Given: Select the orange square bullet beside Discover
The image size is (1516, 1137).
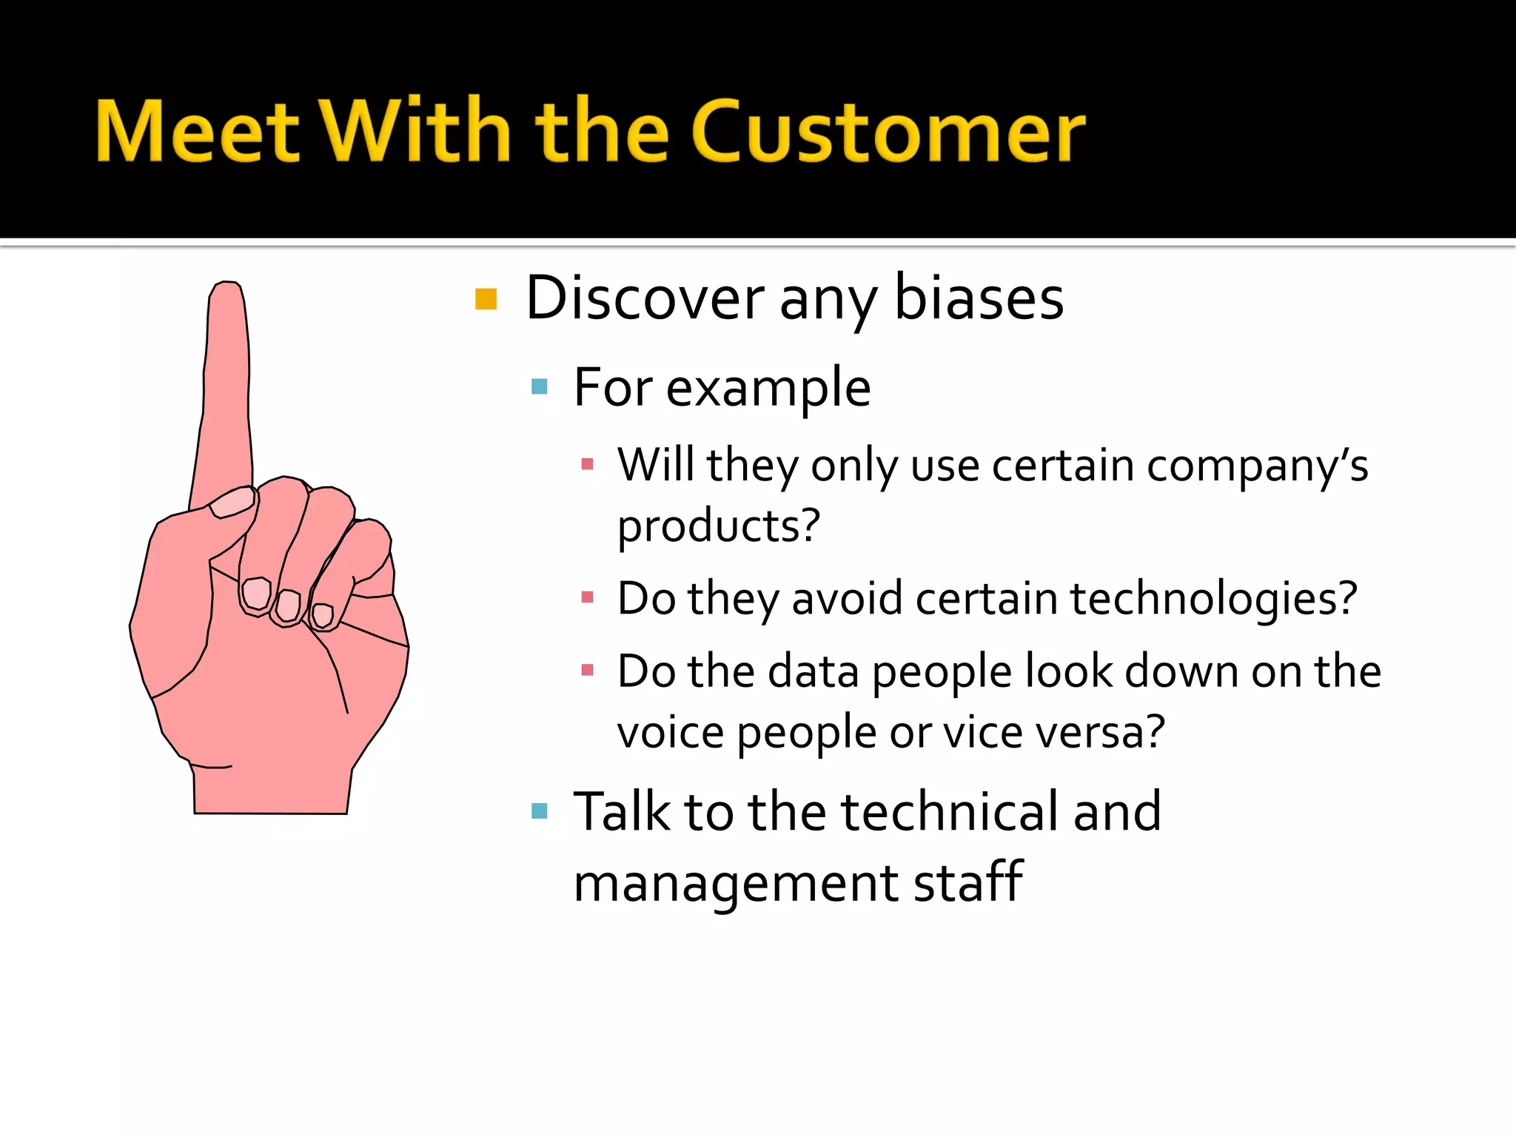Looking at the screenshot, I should [x=486, y=299].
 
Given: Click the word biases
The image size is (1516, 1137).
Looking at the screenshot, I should [x=979, y=298].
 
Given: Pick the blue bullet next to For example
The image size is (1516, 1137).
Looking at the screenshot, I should [x=539, y=386].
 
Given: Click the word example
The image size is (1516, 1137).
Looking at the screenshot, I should [x=768, y=388].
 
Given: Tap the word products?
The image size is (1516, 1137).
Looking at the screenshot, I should [x=718, y=526].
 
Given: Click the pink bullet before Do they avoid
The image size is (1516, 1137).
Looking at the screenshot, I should [x=588, y=597].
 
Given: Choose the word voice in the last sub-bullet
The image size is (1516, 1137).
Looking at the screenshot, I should [x=670, y=733].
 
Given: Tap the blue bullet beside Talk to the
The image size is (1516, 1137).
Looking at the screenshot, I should [x=539, y=811].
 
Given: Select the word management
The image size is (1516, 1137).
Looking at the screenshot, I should [x=736, y=884].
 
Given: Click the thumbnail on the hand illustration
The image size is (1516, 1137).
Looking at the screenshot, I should [x=232, y=503].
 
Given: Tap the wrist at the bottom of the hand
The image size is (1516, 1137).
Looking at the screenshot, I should [x=271, y=792].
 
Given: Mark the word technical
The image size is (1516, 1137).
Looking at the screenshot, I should [x=948, y=811].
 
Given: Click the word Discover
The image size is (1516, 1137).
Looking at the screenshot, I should [x=644, y=298].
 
